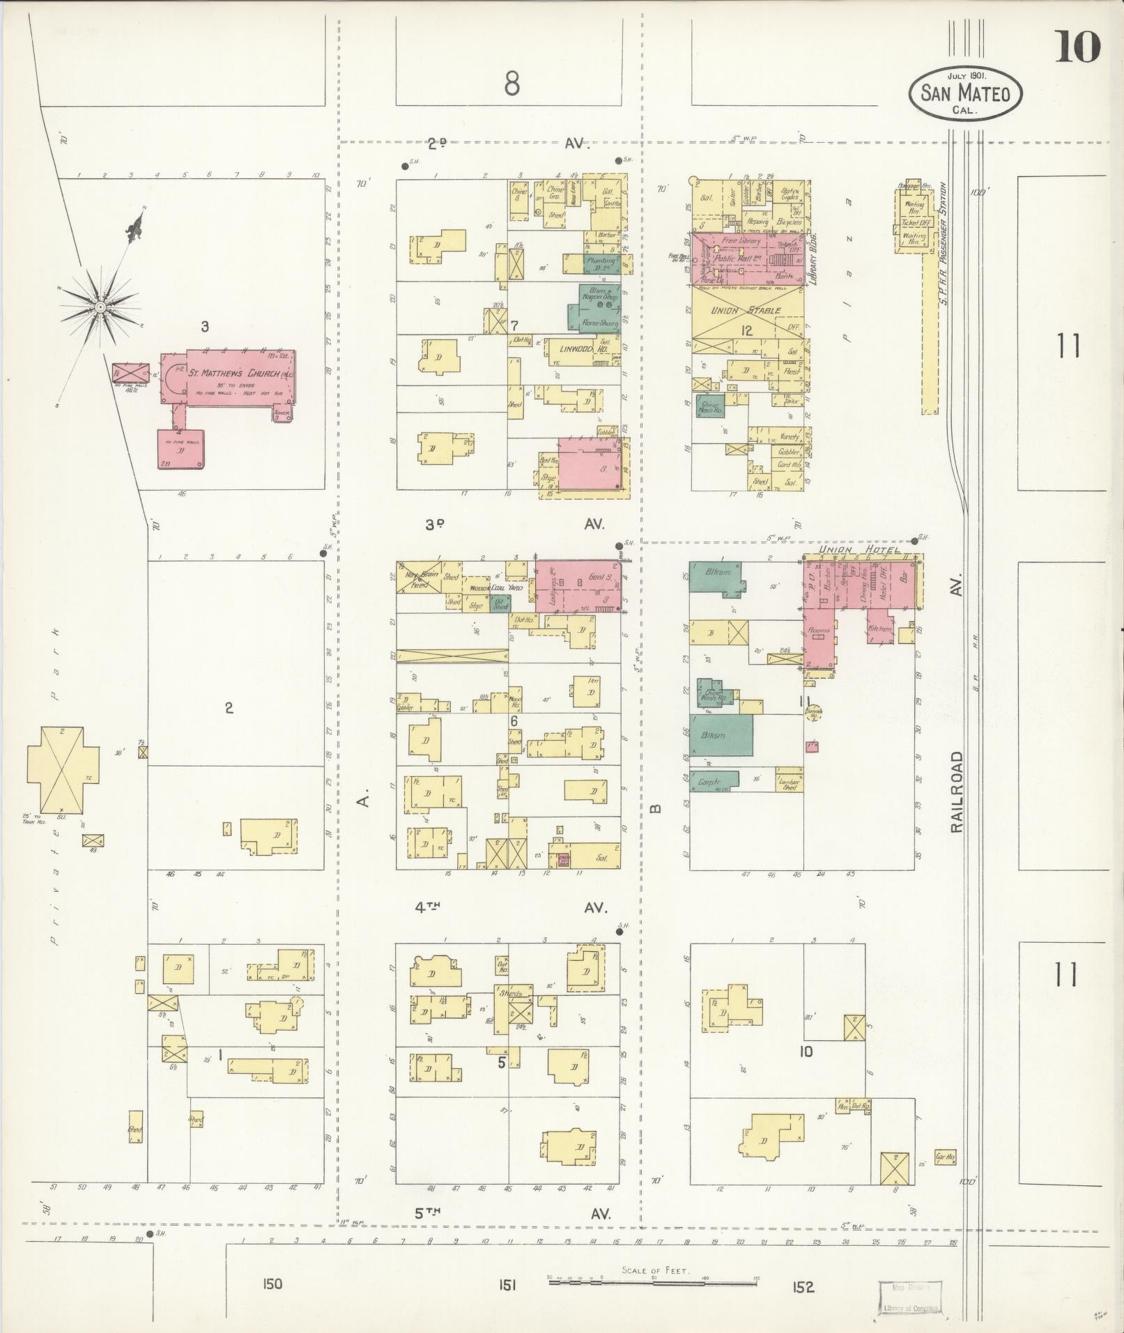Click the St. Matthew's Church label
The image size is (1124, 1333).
235,373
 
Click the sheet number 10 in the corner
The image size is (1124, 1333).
1077,47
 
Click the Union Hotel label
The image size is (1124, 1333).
859,550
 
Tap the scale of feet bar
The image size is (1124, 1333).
653,1280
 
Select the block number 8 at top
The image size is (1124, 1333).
512,85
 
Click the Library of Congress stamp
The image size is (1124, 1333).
911,1297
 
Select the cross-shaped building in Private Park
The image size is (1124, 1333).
56,770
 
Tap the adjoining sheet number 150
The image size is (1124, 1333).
272,1284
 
